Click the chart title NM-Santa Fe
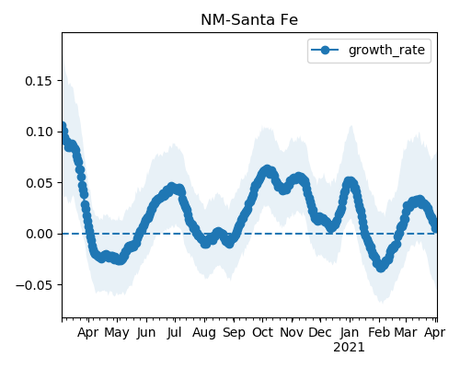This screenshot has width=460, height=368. (x=249, y=20)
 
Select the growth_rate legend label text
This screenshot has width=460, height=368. (x=386, y=50)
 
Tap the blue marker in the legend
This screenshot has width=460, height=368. (x=325, y=50)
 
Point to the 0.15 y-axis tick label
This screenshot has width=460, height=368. (x=39, y=81)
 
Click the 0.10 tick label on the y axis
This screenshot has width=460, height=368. (x=39, y=132)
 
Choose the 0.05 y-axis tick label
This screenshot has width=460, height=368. (x=39, y=183)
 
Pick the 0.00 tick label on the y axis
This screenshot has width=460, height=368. (x=39, y=234)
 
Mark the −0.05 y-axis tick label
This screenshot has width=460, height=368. (x=34, y=285)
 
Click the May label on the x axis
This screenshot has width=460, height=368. (x=117, y=333)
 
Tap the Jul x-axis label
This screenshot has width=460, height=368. (x=175, y=332)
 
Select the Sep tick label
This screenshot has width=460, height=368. (x=234, y=333)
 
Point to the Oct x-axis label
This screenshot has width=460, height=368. (x=262, y=332)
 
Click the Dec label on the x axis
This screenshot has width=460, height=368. (x=320, y=332)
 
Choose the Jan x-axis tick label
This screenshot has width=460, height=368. (x=350, y=332)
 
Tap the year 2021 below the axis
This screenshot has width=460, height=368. (x=349, y=348)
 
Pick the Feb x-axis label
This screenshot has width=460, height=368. (x=379, y=332)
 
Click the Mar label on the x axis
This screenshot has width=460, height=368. (x=406, y=332)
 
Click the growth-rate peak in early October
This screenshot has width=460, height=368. (x=267, y=170)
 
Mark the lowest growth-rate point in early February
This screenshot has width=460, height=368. (x=381, y=267)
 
